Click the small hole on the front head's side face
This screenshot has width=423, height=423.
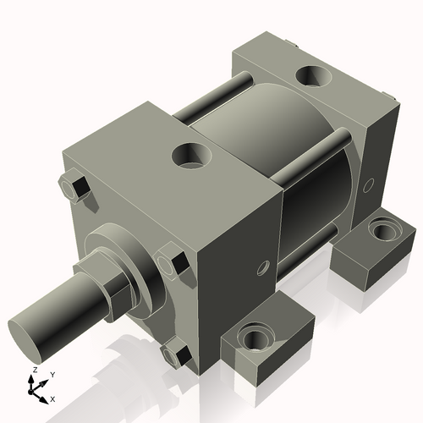coord(263,268)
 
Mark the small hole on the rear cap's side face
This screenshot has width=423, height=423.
coord(368,183)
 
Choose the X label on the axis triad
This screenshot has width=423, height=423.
coord(53,398)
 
